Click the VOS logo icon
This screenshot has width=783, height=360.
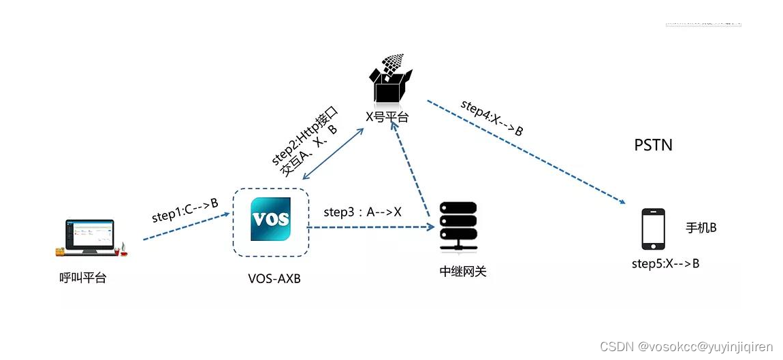click(x=270, y=219)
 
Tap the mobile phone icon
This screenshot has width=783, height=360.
click(x=653, y=229)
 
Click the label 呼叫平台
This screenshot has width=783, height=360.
click(x=83, y=278)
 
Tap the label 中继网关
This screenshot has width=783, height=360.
click(x=463, y=272)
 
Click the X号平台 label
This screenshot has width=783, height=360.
click(x=387, y=116)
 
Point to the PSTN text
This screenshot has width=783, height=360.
click(x=653, y=145)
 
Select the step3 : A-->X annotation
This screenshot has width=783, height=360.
click(x=362, y=212)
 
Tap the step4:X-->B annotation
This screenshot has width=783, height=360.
click(x=492, y=118)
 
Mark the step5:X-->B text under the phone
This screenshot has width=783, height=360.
click(x=665, y=263)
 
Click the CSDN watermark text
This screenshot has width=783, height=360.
click(x=686, y=346)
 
